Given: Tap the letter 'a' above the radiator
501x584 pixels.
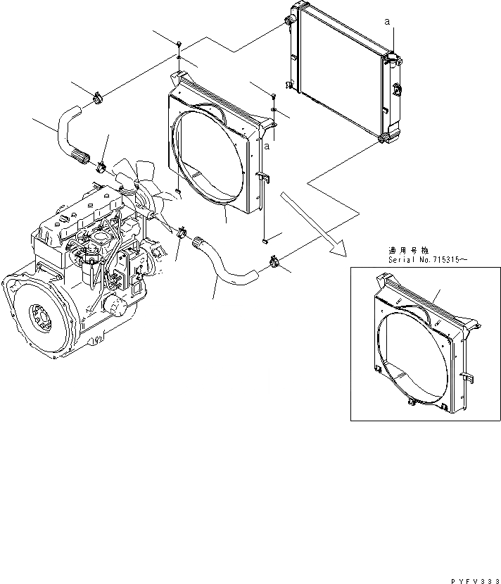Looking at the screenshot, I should click(x=387, y=23).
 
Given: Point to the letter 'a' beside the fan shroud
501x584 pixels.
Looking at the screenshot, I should click(x=267, y=147).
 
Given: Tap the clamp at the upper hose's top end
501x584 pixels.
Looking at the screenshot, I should click(x=96, y=97).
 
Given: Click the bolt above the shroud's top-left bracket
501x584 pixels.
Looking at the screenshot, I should click(x=179, y=45).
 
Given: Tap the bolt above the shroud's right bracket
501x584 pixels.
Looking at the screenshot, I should click(x=273, y=96).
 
